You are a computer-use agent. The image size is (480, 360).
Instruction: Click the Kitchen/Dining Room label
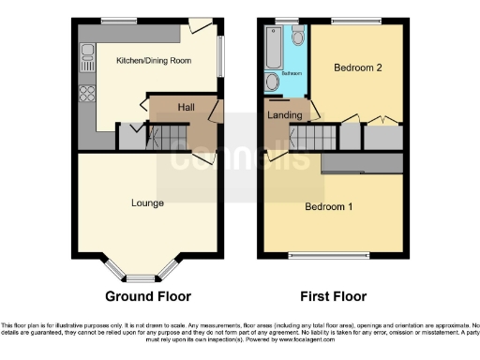153,60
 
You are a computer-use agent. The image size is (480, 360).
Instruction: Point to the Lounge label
147,202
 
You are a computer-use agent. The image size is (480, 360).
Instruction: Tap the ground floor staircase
169,140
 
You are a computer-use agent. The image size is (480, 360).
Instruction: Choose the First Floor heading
333,297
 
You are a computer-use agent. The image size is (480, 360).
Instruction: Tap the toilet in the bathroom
297,36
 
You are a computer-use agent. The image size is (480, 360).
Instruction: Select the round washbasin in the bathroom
273,82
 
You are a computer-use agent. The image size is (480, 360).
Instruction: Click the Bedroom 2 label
357,67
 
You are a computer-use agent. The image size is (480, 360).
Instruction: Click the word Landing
285,115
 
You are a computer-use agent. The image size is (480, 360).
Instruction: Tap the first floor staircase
309,140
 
